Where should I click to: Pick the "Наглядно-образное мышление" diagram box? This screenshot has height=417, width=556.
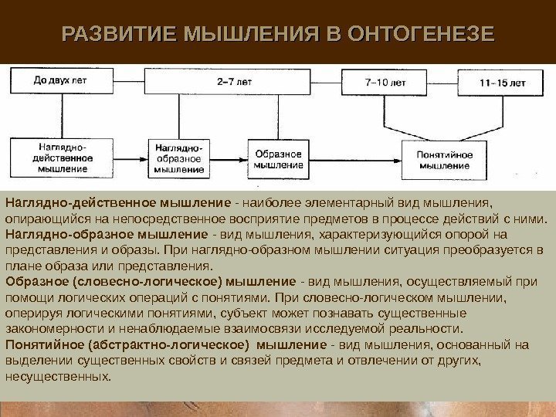point(180,158)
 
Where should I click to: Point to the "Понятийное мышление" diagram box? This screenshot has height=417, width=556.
point(444,158)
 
